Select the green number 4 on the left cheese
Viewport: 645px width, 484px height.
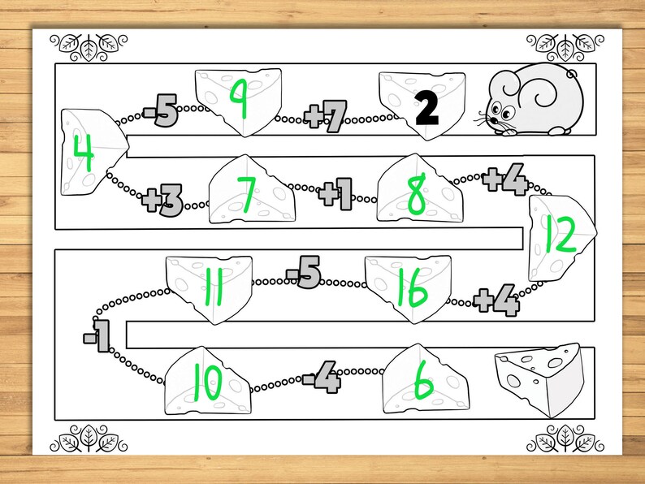click(83, 153)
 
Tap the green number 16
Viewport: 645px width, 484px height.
click(411, 289)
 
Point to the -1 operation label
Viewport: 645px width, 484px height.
click(96, 336)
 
